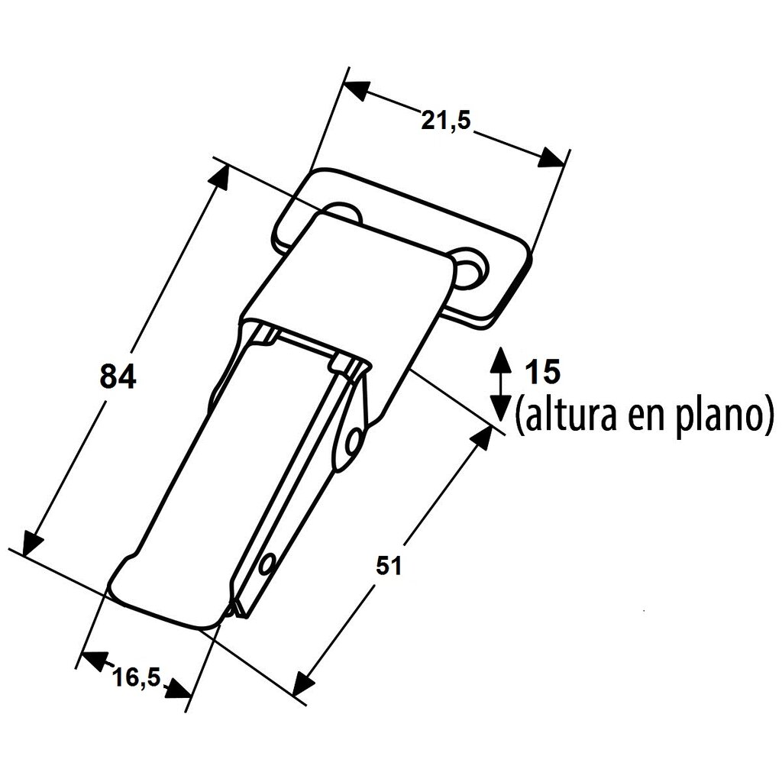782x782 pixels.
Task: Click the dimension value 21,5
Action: coord(445,121)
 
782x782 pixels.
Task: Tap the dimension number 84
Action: coord(118,376)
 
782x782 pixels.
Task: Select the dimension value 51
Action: coord(389,567)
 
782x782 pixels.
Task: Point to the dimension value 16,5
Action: coord(136,677)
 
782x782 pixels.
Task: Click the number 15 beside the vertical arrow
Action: coord(544,372)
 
